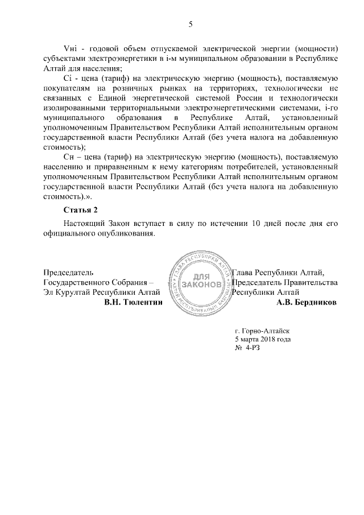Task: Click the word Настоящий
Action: [83, 224]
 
